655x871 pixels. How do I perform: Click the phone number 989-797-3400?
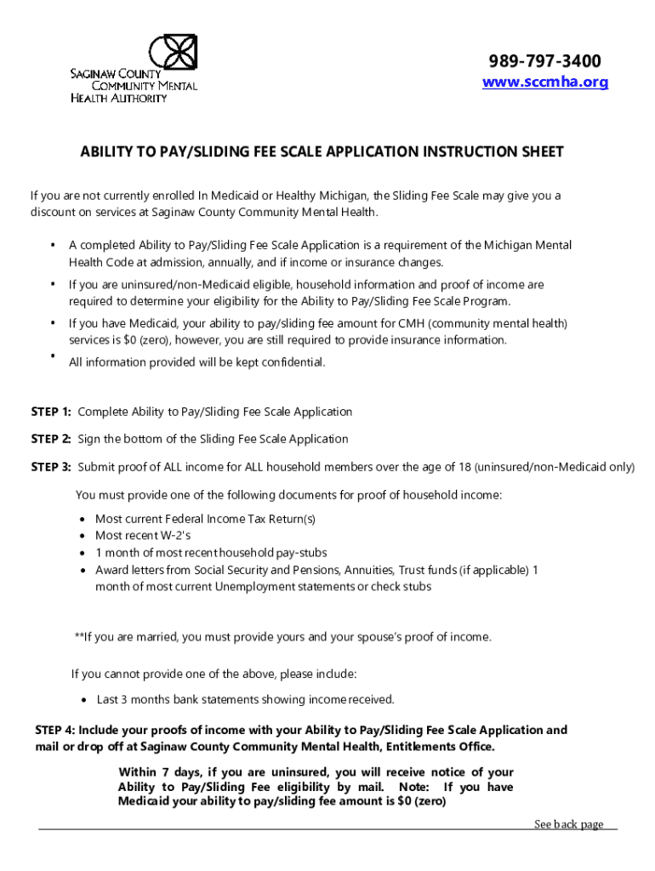[x=544, y=61]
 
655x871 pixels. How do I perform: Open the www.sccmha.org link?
[x=545, y=83]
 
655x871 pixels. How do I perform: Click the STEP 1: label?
[x=51, y=412]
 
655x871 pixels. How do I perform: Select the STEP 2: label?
[x=51, y=439]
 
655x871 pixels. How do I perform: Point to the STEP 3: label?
[x=51, y=467]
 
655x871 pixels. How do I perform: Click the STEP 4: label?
[x=55, y=730]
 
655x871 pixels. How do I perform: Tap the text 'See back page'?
[x=568, y=823]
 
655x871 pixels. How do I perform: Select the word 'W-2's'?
[x=175, y=536]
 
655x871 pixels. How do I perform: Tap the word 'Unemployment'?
[x=253, y=587]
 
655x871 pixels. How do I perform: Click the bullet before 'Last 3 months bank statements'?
[x=83, y=700]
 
